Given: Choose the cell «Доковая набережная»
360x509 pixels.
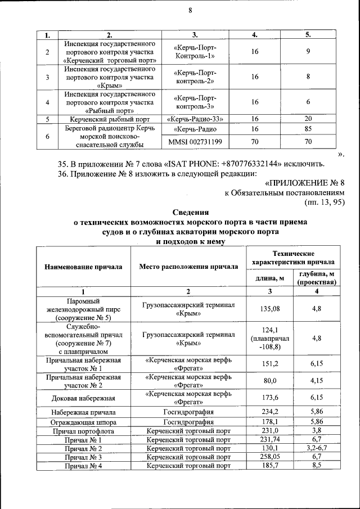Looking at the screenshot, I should coord(83,398).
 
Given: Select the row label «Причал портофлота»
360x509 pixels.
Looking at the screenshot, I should coord(83,431).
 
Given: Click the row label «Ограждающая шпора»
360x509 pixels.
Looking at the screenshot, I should coord(83,422).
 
